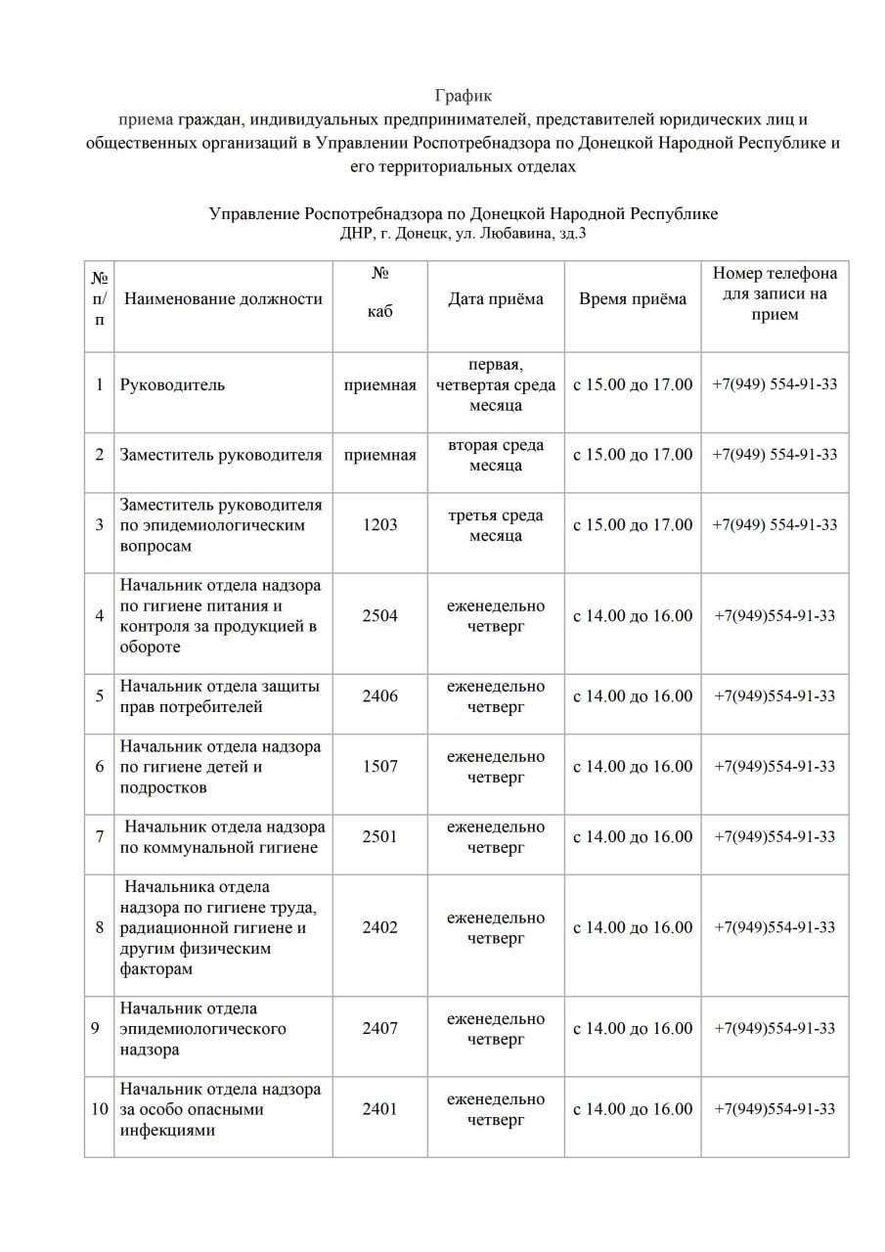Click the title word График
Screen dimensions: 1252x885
tap(464, 96)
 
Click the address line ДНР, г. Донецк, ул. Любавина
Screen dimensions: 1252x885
tap(464, 234)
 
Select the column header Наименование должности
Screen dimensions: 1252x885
tap(223, 299)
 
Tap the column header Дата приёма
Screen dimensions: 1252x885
tap(495, 299)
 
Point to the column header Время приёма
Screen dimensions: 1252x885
tap(632, 299)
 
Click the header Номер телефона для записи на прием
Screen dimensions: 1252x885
tap(774, 293)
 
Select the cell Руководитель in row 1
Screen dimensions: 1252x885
tap(172, 384)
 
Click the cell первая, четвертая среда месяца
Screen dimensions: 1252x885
tap(495, 384)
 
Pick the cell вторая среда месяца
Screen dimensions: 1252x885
tap(495, 455)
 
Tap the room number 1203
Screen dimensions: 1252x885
tap(379, 525)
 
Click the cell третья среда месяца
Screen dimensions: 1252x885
tap(495, 525)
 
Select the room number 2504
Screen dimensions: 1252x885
tap(379, 616)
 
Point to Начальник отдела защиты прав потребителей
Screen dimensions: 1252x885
tap(220, 696)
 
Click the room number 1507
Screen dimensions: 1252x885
tap(379, 767)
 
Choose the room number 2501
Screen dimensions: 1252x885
tap(379, 837)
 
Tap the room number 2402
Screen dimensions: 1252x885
tap(379, 927)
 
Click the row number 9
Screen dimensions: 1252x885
tap(99, 1029)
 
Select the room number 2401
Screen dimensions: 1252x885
tap(379, 1109)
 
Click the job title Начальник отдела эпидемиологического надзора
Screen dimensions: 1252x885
tap(203, 1029)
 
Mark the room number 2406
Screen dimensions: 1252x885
tap(379, 696)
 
